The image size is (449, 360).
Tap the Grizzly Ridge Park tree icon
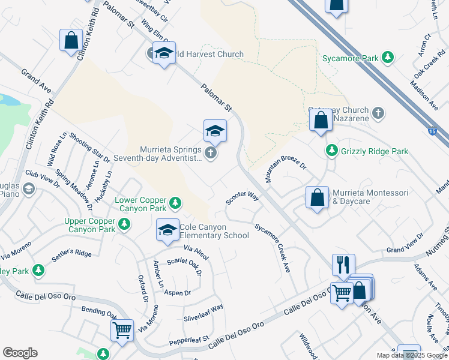tap(331, 151)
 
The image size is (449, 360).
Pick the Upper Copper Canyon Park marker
tap(124, 224)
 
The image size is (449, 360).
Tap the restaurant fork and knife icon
tap(343, 264)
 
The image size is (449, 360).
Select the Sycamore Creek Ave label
tap(273, 248)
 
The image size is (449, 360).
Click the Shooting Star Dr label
tap(89, 148)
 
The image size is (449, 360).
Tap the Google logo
tap(20, 353)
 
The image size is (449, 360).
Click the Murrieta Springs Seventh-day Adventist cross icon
tap(210, 152)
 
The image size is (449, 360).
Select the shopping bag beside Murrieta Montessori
tap(317, 198)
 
